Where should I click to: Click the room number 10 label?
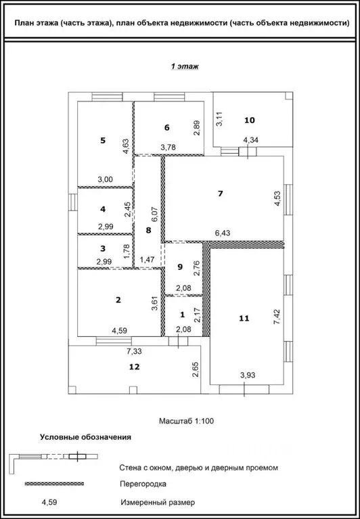coord(250,120)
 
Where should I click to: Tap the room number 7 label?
coord(220,194)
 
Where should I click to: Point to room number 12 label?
coord(134,366)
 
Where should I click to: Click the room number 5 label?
coord(103,140)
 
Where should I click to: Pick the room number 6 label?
coord(166,127)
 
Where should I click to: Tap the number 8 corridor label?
coord(148,229)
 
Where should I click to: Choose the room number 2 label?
coord(118,300)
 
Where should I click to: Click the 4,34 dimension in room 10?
coord(250,140)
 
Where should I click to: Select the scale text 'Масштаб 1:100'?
coord(186,420)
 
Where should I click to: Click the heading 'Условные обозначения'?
coord(85,437)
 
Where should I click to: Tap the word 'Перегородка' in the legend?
coord(143,484)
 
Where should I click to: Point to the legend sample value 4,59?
coord(49,503)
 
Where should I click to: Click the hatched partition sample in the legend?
coord(54,484)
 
